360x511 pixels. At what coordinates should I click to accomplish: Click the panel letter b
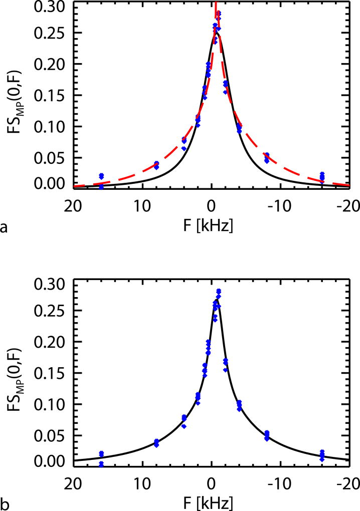[5, 502]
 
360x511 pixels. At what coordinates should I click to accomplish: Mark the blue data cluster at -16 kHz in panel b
[322, 455]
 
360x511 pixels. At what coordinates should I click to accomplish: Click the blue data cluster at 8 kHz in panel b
[156, 442]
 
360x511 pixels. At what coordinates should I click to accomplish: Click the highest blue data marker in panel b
[219, 291]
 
